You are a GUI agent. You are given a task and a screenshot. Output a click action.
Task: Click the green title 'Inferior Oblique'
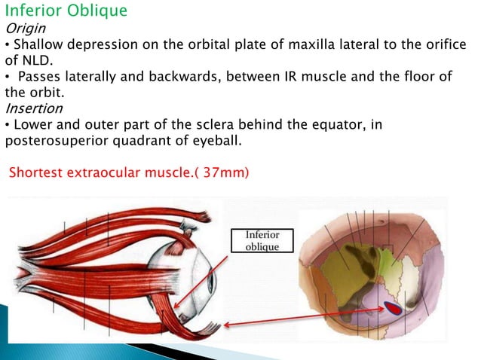[66, 12]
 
